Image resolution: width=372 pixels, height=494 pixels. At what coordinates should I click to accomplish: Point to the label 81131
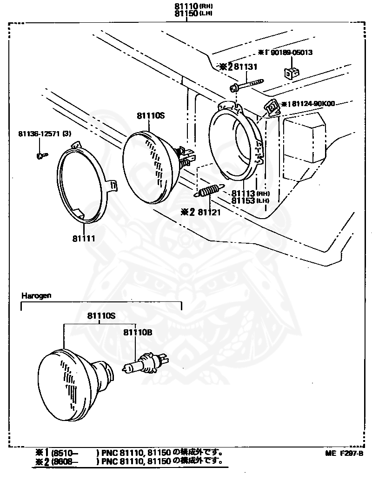(245, 67)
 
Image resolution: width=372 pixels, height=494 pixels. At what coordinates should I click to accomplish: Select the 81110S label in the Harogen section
(101, 316)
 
